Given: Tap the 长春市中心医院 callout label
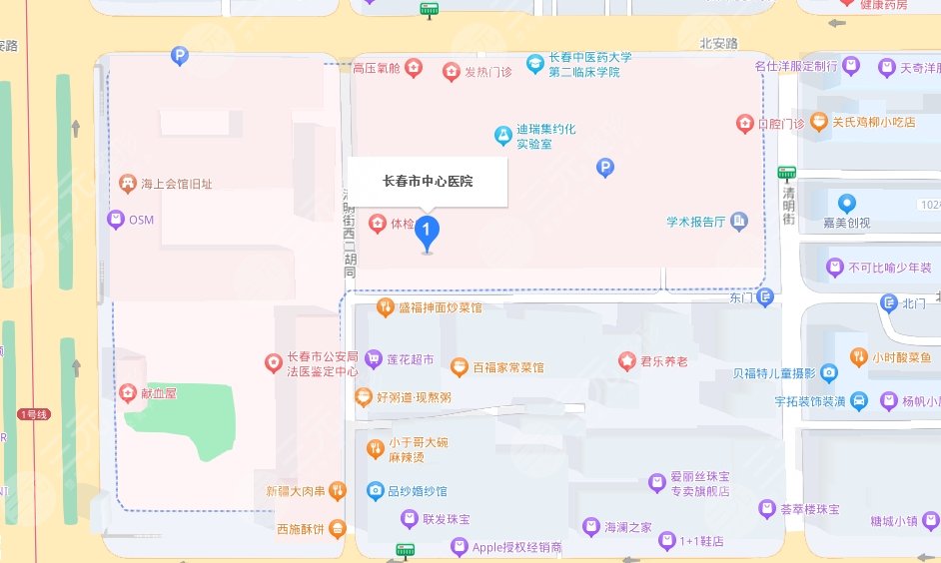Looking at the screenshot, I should pyautogui.click(x=428, y=182).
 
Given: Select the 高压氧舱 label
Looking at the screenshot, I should pyautogui.click(x=377, y=69).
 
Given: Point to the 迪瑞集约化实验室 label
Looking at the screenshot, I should pyautogui.click(x=545, y=137).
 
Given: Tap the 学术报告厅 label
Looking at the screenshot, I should pyautogui.click(x=695, y=222).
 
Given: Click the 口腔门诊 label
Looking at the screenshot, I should pyautogui.click(x=780, y=124).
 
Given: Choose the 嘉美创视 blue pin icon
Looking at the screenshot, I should pyautogui.click(x=846, y=204).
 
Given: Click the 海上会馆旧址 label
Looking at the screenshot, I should pyautogui.click(x=177, y=184).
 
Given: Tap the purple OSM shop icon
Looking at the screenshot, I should pyautogui.click(x=116, y=219).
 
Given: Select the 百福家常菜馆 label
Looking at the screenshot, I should pyautogui.click(x=508, y=367).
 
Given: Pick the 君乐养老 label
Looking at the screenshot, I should pyautogui.click(x=664, y=361).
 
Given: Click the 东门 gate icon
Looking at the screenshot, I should pyautogui.click(x=765, y=296).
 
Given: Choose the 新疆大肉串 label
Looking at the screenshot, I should pyautogui.click(x=295, y=490).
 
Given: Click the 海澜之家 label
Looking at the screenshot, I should pyautogui.click(x=628, y=527).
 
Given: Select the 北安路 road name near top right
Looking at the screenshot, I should pyautogui.click(x=718, y=44).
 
